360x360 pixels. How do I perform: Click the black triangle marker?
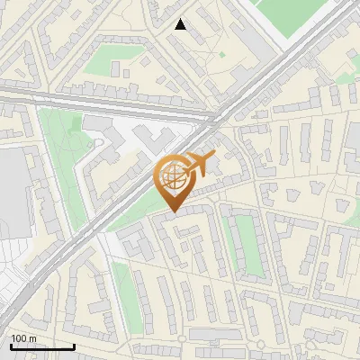(181, 24)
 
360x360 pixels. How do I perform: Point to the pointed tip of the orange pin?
(174, 211)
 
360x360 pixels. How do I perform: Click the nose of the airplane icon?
(212, 157)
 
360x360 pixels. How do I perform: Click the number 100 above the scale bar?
(19, 338)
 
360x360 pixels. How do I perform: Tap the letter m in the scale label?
(33, 338)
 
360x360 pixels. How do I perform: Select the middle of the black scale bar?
(42, 346)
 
